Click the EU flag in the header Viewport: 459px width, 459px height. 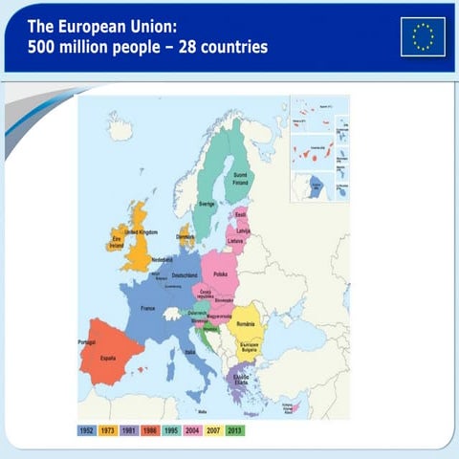click(x=423, y=36)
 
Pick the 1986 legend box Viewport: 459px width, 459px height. click(x=152, y=430)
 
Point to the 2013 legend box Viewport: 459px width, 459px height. click(x=235, y=430)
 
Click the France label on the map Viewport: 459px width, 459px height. click(x=148, y=309)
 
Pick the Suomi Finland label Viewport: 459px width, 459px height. click(x=241, y=178)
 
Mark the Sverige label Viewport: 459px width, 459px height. click(x=207, y=204)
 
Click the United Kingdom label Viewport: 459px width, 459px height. click(x=141, y=232)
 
